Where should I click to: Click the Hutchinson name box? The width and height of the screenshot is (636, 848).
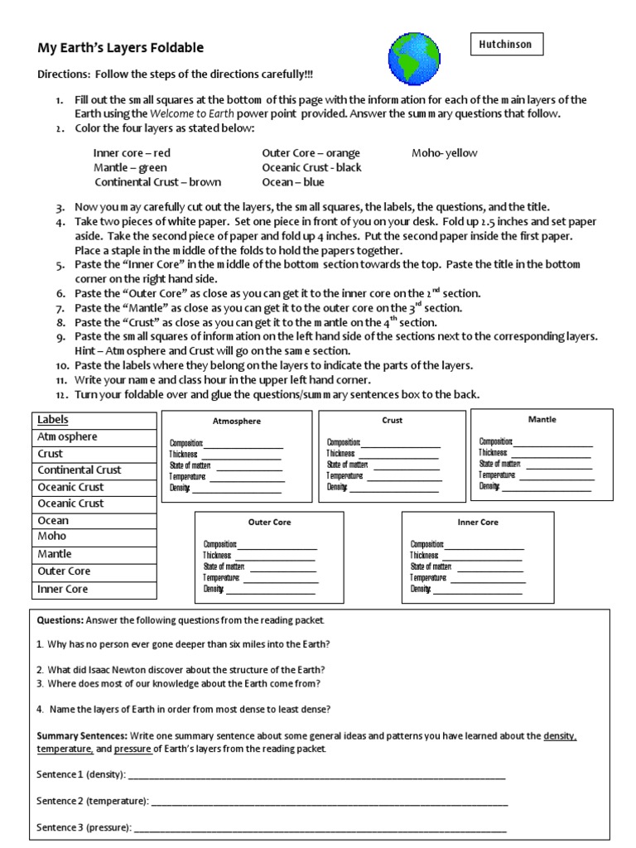[x=508, y=44]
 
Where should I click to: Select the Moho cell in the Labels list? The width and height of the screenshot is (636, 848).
[x=94, y=537]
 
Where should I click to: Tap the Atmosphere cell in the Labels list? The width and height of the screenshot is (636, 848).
[x=94, y=436]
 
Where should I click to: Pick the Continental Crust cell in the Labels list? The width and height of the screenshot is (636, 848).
[x=94, y=470]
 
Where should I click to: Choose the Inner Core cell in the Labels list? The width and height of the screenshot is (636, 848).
[x=94, y=589]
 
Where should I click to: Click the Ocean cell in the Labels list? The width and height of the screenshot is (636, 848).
[x=94, y=520]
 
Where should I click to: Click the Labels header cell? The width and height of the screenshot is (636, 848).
[x=94, y=420]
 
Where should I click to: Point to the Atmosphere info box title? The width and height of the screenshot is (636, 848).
[x=236, y=422]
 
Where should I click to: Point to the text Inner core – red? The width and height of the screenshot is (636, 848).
[x=132, y=153]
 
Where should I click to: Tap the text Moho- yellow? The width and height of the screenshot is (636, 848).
[x=445, y=153]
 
